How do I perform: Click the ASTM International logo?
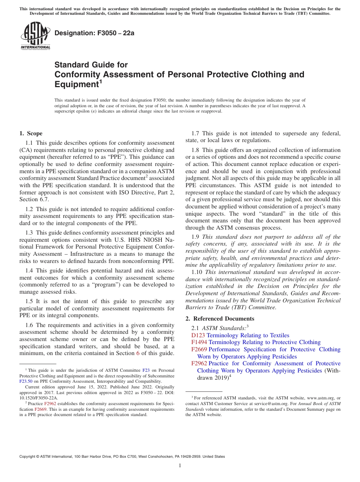coord(35,36)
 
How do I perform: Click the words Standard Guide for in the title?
coord(91,65)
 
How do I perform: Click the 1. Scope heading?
coord(31,133)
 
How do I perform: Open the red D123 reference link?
coord(198,335)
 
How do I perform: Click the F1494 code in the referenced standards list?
coord(199,342)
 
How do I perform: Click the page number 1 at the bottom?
coord(180,465)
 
